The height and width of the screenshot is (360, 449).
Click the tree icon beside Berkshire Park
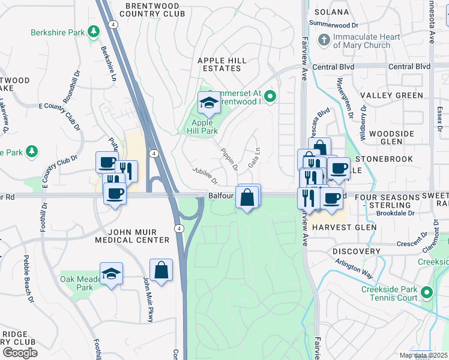coord(93,31)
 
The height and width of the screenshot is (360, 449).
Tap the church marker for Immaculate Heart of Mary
coord(324,40)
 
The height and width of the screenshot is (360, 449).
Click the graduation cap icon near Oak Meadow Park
coord(111,274)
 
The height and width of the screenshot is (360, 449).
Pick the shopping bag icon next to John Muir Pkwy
coord(161,270)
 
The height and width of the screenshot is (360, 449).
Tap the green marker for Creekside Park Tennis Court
coord(427,293)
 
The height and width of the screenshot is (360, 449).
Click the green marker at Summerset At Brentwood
coord(270,95)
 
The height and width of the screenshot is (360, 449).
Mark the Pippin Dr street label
coord(229,158)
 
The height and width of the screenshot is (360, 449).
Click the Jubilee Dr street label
coord(204,176)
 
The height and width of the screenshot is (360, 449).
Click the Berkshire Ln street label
coord(109,64)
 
